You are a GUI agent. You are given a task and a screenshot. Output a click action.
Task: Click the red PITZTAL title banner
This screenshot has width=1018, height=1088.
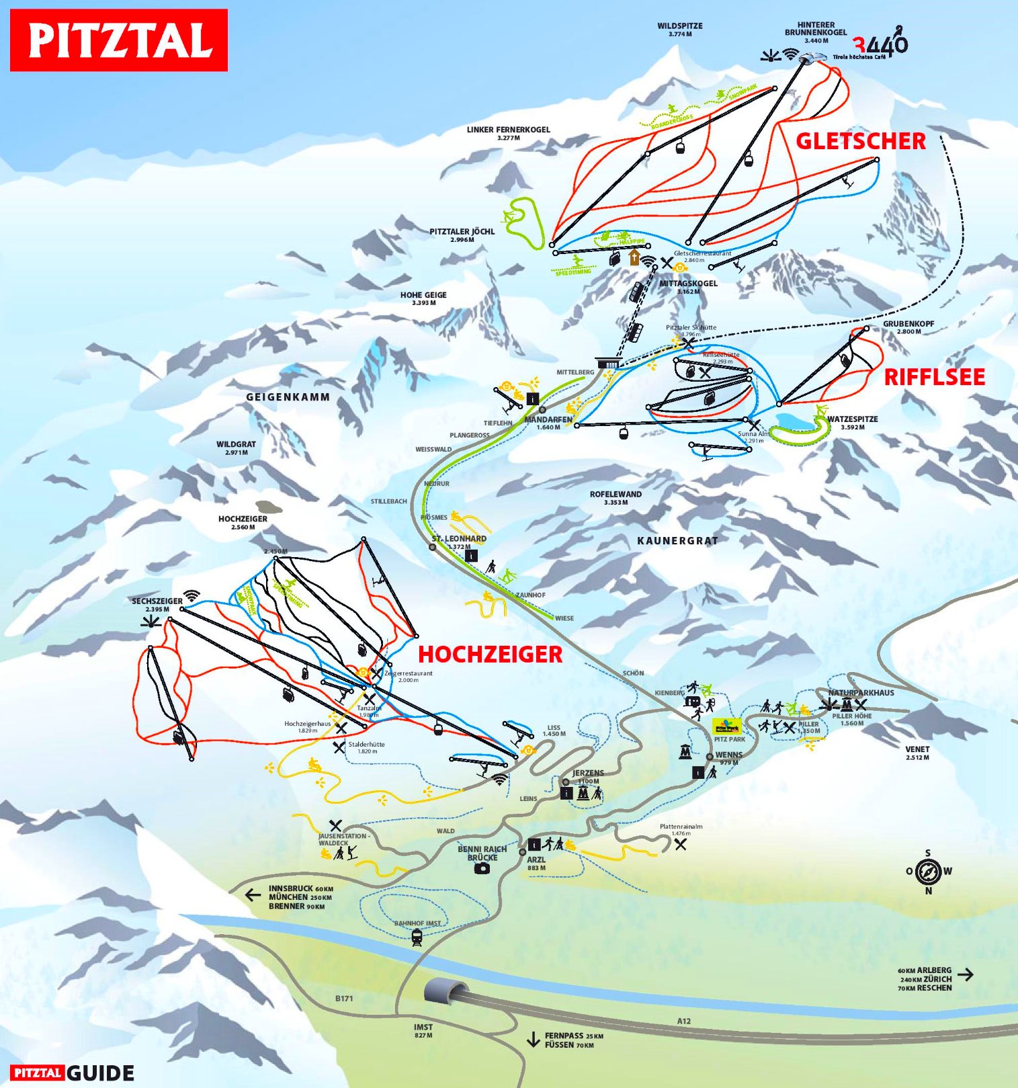coord(119,40)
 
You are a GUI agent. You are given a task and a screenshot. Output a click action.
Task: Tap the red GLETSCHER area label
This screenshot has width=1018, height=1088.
coord(861,141)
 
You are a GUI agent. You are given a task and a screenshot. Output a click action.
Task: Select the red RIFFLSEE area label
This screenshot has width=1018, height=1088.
coord(934,377)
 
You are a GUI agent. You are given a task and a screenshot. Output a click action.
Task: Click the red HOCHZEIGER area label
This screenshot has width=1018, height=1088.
coord(490,654)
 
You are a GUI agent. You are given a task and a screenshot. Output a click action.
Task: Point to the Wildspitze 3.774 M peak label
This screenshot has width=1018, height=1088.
coord(680,30)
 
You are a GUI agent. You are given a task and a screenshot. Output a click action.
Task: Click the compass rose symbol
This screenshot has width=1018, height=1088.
coord(928,872)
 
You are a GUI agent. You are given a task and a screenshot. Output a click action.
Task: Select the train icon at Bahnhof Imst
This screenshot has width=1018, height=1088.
coord(417,937)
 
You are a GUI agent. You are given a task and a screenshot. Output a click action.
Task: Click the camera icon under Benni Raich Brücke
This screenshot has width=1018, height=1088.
coord(482,868)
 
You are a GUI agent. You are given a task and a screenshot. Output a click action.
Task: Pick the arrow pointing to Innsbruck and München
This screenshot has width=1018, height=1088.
coord(253,895)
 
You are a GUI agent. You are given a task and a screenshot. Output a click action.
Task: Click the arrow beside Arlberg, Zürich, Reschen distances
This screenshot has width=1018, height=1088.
coord(965,974)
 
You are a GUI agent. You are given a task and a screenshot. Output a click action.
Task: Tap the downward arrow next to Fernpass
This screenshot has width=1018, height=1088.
coord(533,1040)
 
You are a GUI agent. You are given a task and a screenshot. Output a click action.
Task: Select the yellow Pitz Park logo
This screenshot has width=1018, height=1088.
coord(726,726)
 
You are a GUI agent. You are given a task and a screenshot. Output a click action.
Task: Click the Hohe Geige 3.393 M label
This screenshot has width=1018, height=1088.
coord(423,298)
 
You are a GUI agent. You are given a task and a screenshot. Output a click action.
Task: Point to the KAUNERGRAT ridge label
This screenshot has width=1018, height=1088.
coord(677,540)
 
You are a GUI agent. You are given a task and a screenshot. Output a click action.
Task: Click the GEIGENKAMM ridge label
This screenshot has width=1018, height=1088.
coord(288,397)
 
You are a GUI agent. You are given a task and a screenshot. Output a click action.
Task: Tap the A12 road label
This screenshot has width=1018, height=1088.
coord(683,1021)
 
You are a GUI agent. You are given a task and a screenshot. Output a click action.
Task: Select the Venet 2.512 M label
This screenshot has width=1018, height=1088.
coord(917,753)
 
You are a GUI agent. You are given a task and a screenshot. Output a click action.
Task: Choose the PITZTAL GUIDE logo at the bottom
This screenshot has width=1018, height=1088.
coord(72,1073)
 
